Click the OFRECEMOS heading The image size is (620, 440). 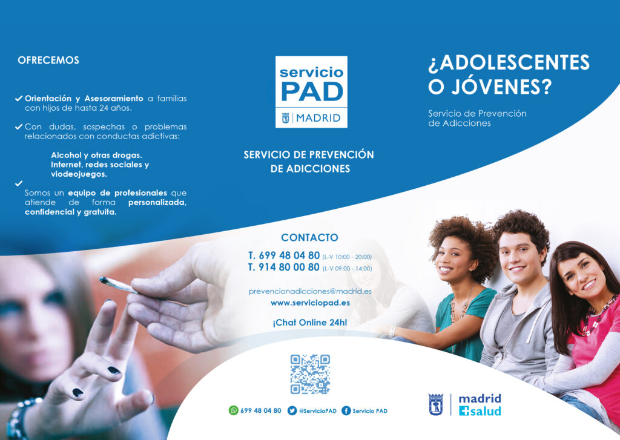[48, 60]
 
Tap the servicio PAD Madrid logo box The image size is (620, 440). [311, 92]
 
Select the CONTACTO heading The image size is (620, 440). [309, 238]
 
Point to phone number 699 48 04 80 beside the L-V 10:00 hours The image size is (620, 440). [284, 255]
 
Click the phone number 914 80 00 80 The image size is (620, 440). [284, 268]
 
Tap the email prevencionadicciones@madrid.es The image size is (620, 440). [310, 291]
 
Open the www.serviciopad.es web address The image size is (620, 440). [310, 303]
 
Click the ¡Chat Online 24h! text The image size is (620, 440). [310, 323]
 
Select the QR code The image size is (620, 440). [310, 374]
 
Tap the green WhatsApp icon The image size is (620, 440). [233, 410]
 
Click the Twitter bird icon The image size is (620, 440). [292, 411]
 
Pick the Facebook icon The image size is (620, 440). [346, 411]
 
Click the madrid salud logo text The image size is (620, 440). [480, 405]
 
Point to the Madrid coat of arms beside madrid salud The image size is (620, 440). [436, 404]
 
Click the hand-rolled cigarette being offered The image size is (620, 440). [119, 285]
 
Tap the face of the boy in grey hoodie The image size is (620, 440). [519, 257]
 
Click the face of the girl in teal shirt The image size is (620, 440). [453, 259]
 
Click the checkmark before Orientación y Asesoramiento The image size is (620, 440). [19, 98]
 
